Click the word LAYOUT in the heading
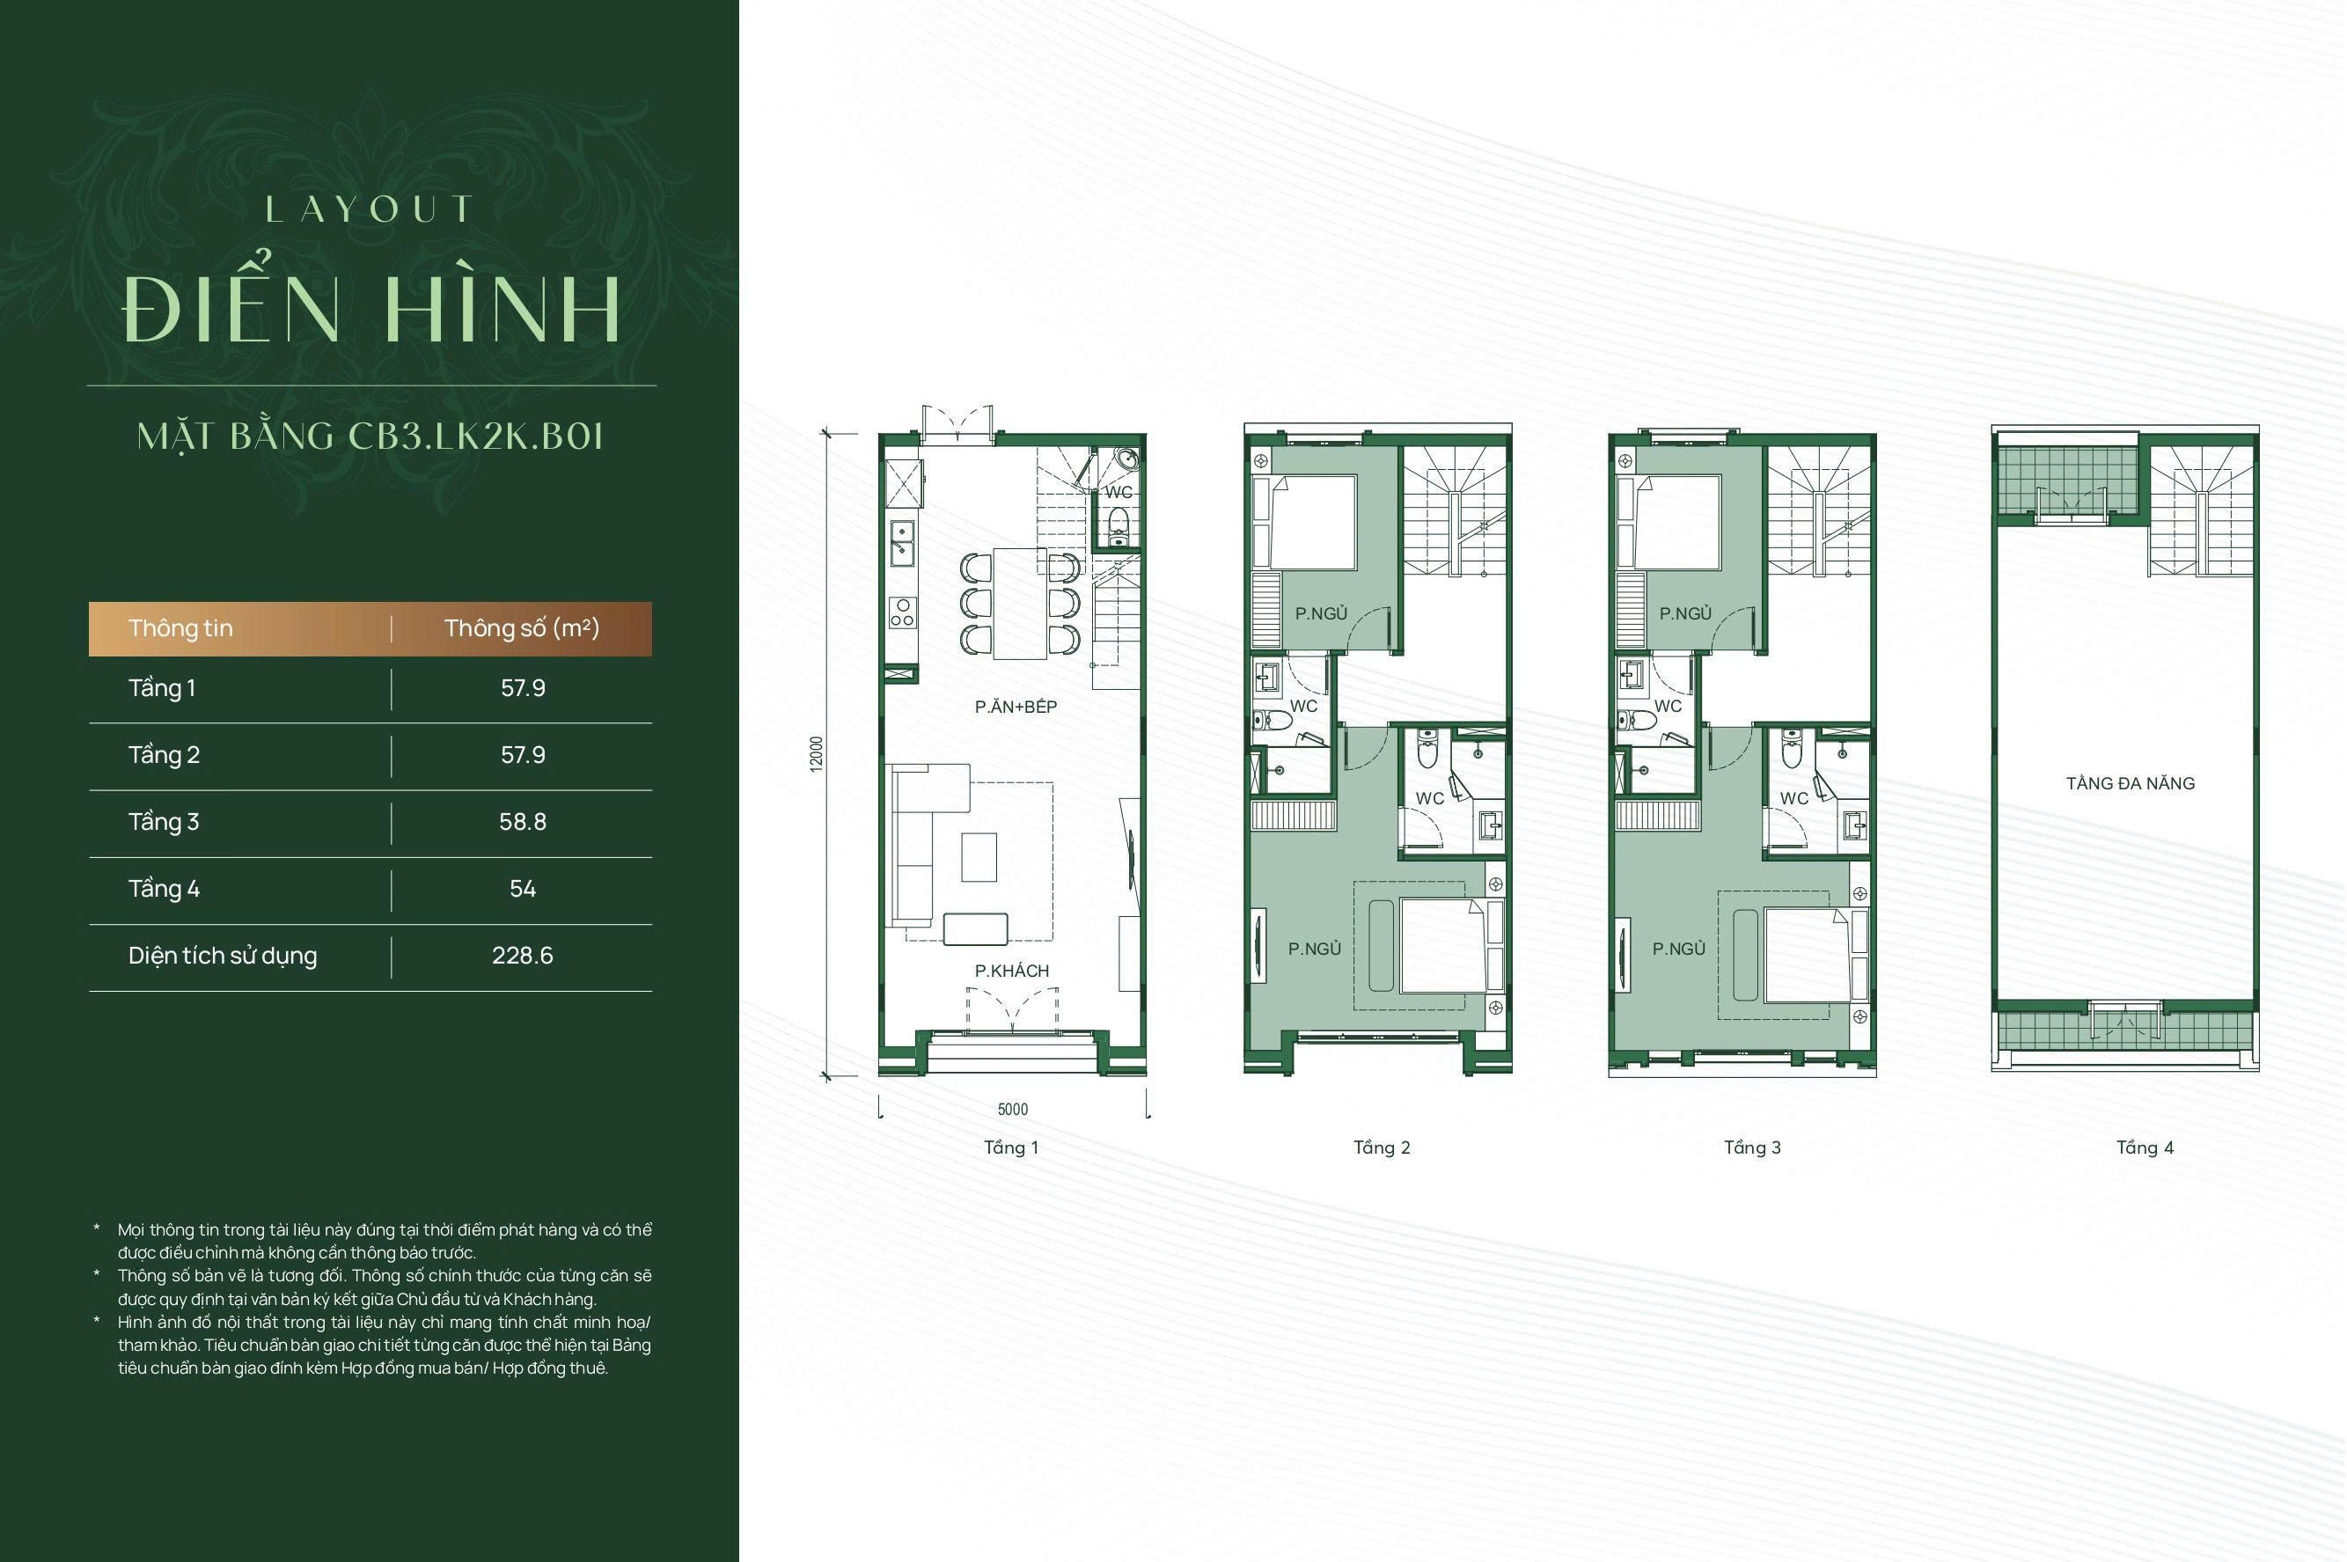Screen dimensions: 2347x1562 click(369, 209)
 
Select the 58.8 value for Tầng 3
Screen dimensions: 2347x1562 click(523, 822)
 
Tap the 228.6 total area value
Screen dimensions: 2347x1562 click(523, 956)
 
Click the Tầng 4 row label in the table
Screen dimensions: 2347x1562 click(165, 889)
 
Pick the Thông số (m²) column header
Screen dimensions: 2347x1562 click(522, 627)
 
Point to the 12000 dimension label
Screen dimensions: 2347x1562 click(817, 754)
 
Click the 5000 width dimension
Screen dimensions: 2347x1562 click(1013, 1110)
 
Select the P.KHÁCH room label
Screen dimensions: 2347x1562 click(1012, 972)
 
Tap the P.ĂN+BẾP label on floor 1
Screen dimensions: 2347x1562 click(1016, 707)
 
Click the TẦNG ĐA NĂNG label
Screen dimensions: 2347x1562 click(2131, 784)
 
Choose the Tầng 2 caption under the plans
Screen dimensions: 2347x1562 click(1382, 1148)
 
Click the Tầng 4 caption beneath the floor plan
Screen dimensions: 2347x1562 click(2145, 1148)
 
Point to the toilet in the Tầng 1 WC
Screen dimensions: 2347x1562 click(1118, 525)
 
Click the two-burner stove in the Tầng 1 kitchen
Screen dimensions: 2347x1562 click(903, 612)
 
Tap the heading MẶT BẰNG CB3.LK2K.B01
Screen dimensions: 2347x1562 click(370, 436)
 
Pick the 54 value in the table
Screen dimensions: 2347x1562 click(523, 889)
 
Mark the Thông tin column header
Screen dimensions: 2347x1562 click(180, 627)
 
